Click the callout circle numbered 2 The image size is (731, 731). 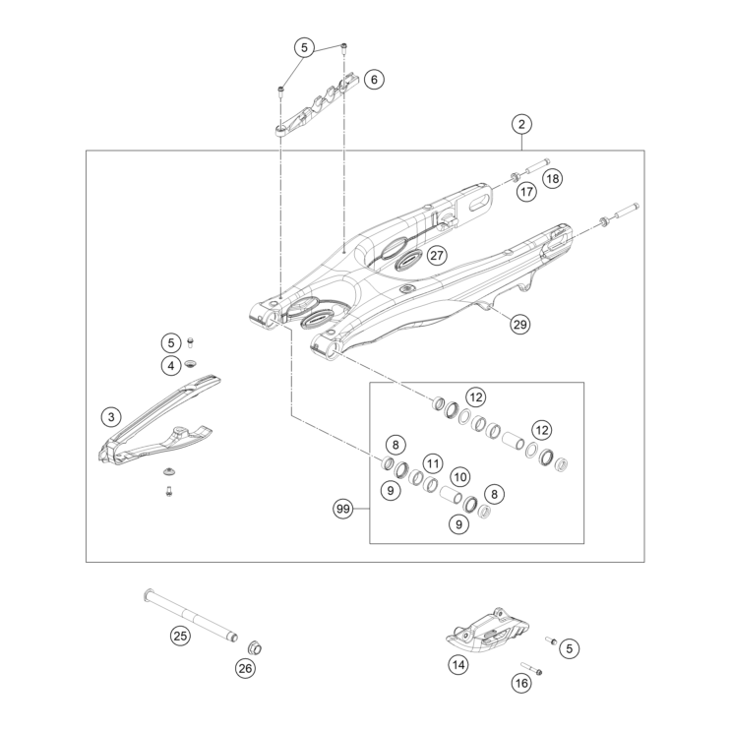tap(521, 124)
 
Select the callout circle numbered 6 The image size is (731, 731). tap(373, 79)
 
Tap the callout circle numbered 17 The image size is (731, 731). tap(526, 192)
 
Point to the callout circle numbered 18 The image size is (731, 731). tap(552, 179)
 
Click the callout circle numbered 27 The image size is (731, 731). tap(436, 255)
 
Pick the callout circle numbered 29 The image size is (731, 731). tap(520, 324)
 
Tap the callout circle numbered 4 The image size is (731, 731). tap(171, 366)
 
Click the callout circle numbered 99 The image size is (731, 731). tap(343, 510)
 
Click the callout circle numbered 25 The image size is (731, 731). tap(180, 636)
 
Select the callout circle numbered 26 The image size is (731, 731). tap(245, 669)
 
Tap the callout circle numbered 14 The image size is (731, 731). tap(458, 665)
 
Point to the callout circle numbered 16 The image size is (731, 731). tap(521, 683)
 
